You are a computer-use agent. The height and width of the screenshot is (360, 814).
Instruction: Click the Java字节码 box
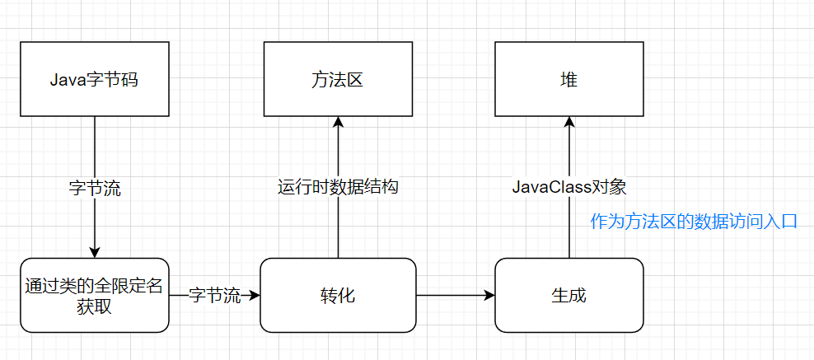[x=95, y=81]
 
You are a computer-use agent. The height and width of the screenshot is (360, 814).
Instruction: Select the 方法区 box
[x=338, y=81]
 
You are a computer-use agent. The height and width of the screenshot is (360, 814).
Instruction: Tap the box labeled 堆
[x=568, y=81]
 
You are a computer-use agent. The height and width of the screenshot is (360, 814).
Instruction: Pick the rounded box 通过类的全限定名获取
[x=95, y=295]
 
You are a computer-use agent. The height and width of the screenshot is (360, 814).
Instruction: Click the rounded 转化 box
[x=338, y=295]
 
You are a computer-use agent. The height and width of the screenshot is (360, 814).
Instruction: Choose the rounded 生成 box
[x=568, y=295]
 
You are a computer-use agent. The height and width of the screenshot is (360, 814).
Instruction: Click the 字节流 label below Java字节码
[x=95, y=188]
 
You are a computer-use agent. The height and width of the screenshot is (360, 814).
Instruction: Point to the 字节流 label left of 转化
[x=215, y=295]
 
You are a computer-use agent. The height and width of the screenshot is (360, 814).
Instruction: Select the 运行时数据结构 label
[x=338, y=187]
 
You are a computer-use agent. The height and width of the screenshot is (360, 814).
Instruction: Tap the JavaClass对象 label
[x=569, y=187]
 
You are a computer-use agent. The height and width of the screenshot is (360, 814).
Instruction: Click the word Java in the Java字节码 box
[x=67, y=81]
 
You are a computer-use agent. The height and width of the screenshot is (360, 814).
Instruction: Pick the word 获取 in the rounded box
[x=95, y=306]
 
